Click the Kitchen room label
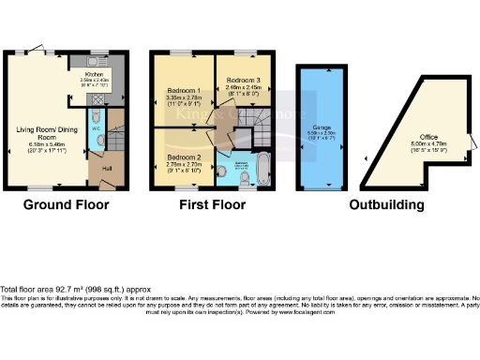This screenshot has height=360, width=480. [95, 72]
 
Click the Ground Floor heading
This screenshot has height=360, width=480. [66, 204]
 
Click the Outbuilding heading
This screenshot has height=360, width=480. [384, 204]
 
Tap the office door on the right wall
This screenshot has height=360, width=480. [470, 141]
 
